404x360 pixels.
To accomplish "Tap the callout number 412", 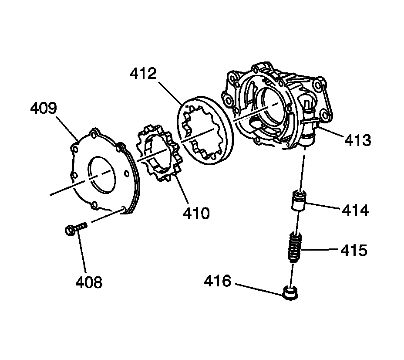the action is pos(142,75).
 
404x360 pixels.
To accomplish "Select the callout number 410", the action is pos(196,213).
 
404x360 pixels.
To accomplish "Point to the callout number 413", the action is pos(357,140).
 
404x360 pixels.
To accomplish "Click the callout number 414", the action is pos(355,211).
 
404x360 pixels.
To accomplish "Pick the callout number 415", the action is pos(354,251).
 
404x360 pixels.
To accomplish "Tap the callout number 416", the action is pos(218,281).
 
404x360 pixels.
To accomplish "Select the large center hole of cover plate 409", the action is pos(103,174).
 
